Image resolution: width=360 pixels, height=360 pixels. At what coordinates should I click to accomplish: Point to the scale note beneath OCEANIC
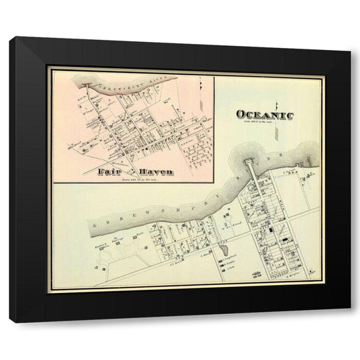(265, 122)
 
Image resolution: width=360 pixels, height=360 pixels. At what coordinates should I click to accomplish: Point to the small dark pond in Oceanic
(224, 251)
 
